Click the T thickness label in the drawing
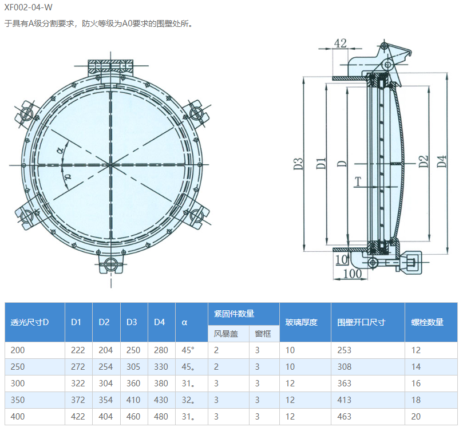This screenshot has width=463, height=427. coord(358,182)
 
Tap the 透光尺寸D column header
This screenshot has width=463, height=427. coord(30,322)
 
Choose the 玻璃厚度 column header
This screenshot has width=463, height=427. coord(301,322)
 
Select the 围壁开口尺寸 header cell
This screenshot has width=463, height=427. coord(361,322)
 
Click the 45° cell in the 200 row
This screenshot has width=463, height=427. coord(188,350)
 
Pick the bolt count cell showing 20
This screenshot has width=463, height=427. coord(416,417)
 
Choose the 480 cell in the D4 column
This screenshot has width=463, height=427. coord(161,417)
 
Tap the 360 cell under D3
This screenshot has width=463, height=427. coord(133,383)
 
